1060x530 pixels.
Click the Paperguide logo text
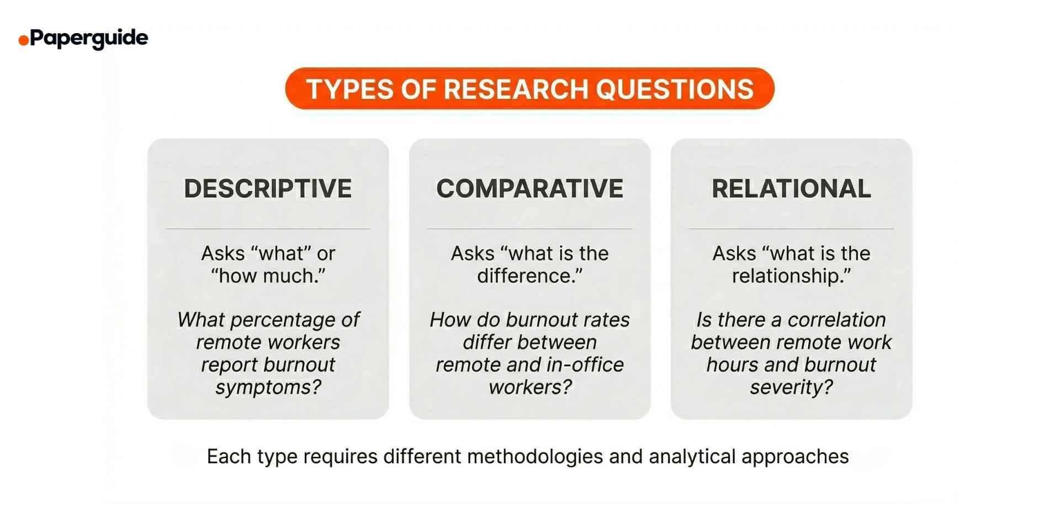point(89,38)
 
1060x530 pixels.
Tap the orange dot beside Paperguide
point(24,40)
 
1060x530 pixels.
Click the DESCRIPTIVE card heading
point(268,189)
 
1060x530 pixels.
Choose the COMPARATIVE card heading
point(529,189)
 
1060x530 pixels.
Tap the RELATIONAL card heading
point(791,189)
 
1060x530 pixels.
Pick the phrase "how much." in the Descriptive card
point(268,275)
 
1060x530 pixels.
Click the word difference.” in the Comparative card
point(529,275)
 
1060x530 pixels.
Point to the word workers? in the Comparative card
point(530,387)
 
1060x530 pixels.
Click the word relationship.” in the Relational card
point(791,275)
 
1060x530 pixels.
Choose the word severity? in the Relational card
point(791,387)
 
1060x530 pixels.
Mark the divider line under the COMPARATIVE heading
point(529,229)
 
